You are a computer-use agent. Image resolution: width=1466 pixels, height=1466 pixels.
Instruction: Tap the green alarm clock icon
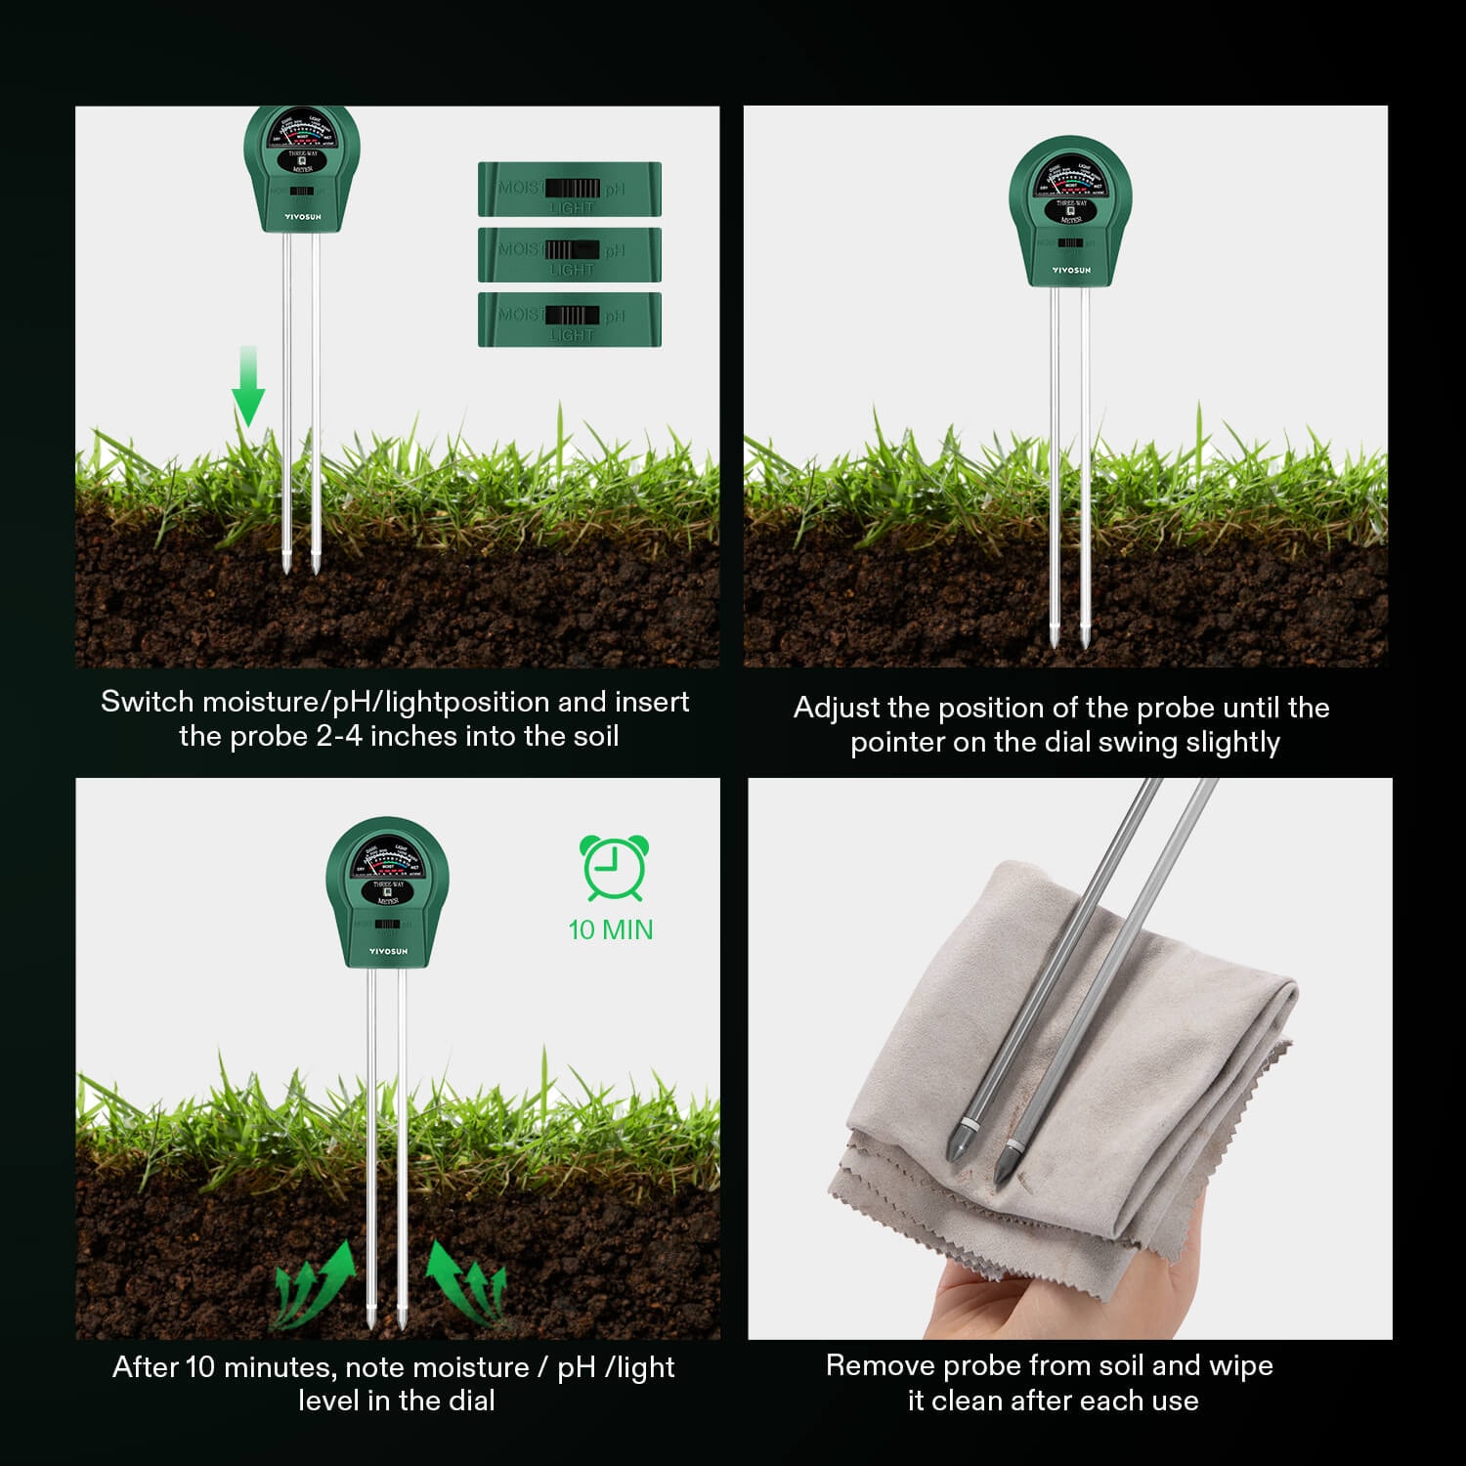[x=614, y=867]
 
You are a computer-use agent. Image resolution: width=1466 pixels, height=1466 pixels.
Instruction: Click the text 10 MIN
[x=611, y=929]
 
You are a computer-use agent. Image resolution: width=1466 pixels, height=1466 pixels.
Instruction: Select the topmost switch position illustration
[x=570, y=189]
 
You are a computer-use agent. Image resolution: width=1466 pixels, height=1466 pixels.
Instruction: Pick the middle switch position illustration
[x=570, y=254]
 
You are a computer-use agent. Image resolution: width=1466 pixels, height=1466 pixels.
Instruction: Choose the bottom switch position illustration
[x=570, y=320]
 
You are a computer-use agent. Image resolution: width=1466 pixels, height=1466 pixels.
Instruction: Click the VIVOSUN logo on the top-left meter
[x=302, y=217]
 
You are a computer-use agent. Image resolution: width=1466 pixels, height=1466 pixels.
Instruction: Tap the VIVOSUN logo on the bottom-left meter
[x=388, y=951]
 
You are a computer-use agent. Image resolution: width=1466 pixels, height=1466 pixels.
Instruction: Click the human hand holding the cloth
[x=987, y=1300]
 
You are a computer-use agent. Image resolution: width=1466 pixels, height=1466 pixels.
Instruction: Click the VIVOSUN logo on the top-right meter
[x=1071, y=271]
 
